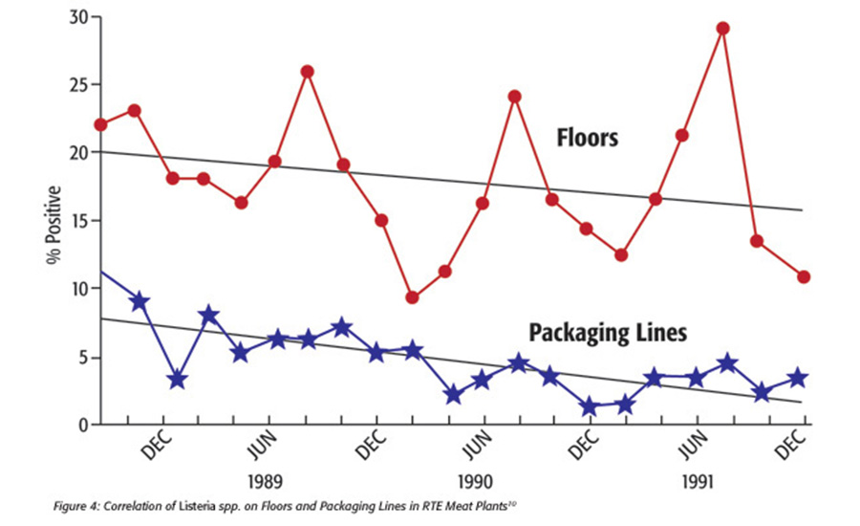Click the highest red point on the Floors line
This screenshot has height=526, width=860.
723,28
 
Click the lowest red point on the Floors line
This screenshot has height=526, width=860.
412,297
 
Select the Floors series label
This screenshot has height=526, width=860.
588,138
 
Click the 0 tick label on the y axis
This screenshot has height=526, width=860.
84,425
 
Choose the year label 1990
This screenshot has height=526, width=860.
475,478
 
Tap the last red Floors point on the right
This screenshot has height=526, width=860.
804,276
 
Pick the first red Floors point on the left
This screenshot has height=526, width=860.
101,124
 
